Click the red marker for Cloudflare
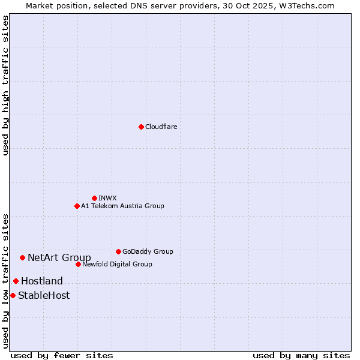(141, 127)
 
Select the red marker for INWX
(94, 198)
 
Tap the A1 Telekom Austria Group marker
(77, 206)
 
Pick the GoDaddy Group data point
(118, 251)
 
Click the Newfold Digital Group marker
(78, 264)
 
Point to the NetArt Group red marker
(22, 257)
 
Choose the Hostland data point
(16, 281)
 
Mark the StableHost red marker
(13, 295)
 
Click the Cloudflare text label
(161, 127)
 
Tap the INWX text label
(107, 198)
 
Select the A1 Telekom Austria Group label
(122, 206)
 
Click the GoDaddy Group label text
(148, 251)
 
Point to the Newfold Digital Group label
(117, 264)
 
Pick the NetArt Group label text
(59, 258)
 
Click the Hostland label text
(42, 281)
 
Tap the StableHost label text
(44, 295)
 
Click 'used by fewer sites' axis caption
(62, 355)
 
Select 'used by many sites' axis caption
(301, 355)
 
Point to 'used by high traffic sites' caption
(5, 86)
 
